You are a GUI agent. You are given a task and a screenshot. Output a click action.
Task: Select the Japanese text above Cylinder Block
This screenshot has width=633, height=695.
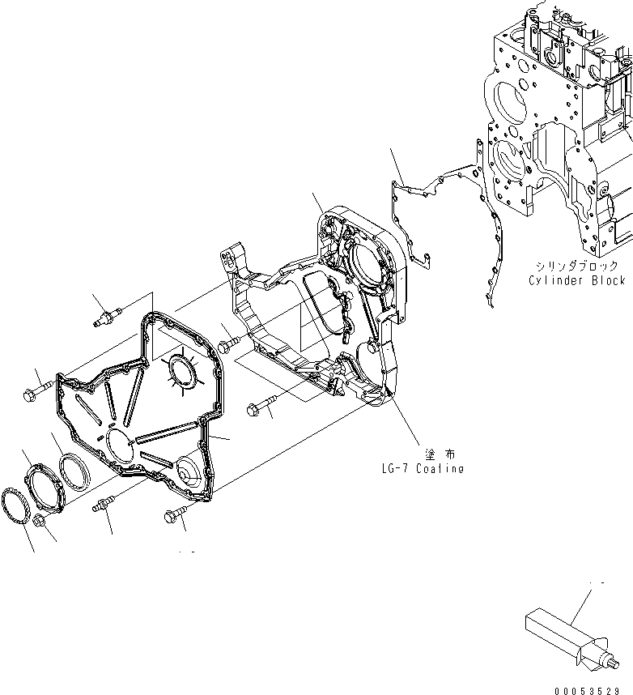tap(576, 266)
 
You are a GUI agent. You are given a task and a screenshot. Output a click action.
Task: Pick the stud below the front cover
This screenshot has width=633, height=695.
tap(101, 505)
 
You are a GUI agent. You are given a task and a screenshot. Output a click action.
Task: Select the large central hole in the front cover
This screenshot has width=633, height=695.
tap(119, 446)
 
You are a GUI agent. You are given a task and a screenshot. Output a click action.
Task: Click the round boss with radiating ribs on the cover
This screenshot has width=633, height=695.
tap(180, 373)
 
